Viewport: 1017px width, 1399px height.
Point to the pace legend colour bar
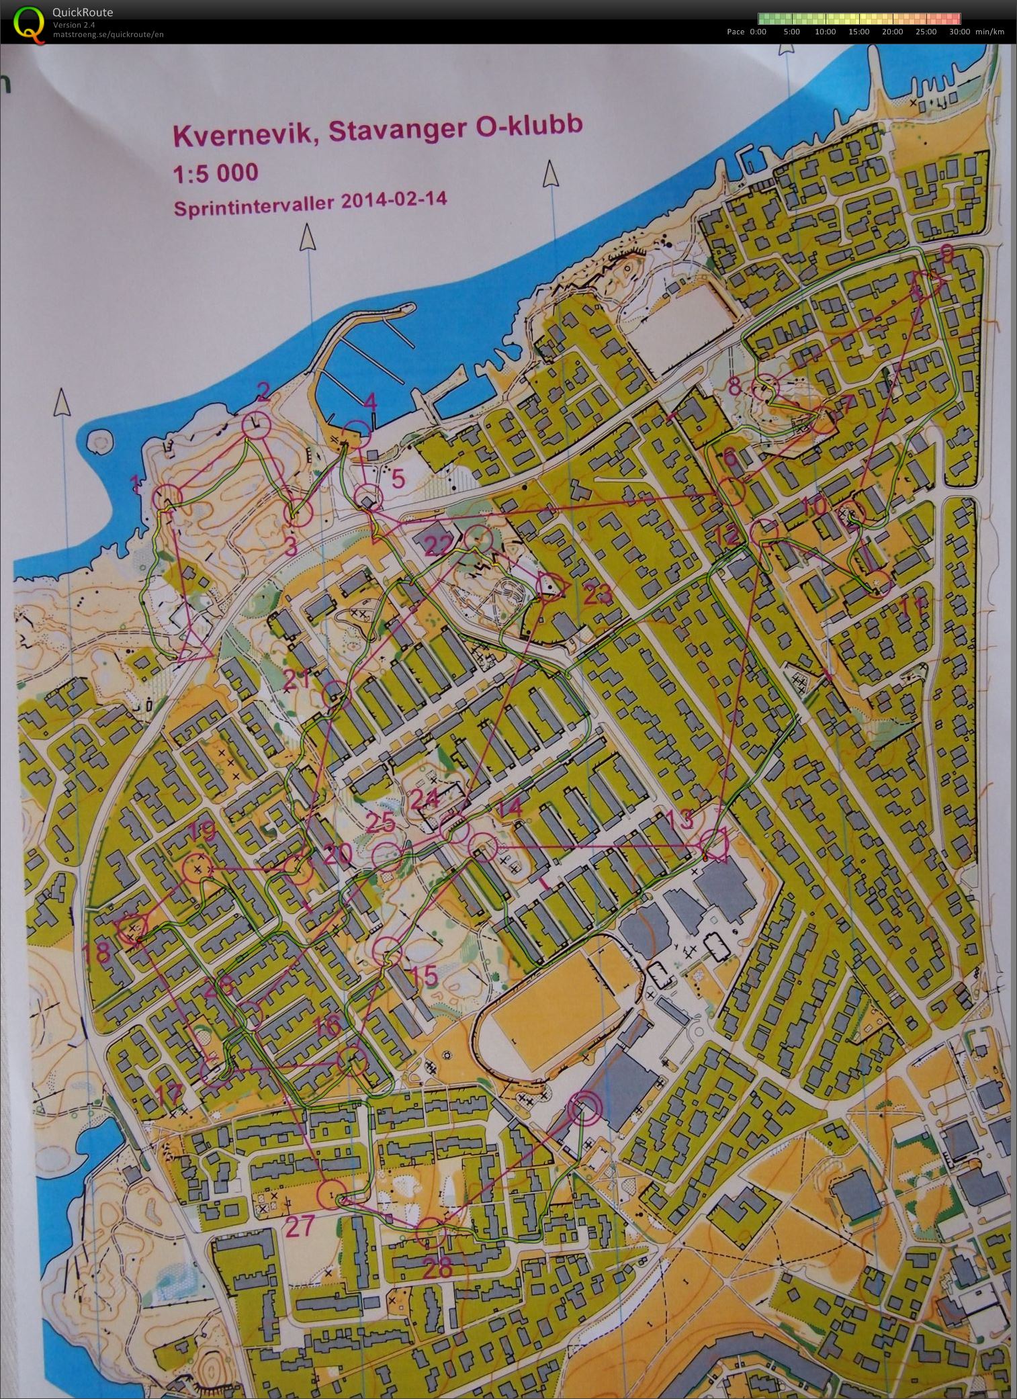coord(858,19)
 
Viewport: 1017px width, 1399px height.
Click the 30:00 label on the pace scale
coord(959,32)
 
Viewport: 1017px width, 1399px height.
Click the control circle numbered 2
coord(256,424)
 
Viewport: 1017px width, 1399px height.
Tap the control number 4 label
coord(370,402)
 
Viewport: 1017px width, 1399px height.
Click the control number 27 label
coord(300,1226)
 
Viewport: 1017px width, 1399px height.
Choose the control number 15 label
coord(423,975)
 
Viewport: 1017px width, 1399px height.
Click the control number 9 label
coord(946,253)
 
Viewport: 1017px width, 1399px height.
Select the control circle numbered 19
coord(197,867)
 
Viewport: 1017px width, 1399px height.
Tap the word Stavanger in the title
coord(387,130)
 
